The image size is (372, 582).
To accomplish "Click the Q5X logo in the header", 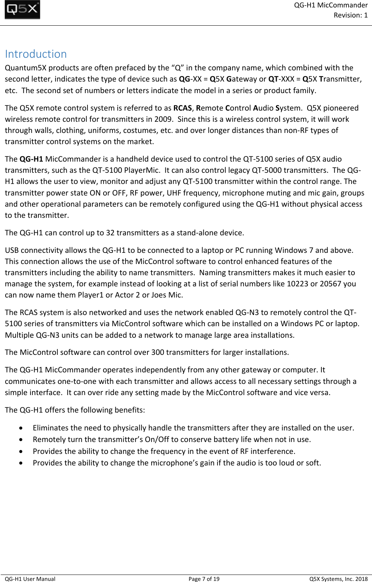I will point(22,10).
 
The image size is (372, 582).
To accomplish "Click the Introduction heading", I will point(36,54).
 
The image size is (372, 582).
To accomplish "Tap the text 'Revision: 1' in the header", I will point(350,15).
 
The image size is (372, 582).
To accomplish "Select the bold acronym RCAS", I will point(183,108).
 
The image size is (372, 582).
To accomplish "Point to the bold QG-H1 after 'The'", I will point(31,159).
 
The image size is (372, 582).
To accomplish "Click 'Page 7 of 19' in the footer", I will point(204,579).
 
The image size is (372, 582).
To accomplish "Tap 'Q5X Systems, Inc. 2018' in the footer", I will point(338,579).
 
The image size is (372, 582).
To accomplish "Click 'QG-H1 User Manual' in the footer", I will point(30,579).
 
